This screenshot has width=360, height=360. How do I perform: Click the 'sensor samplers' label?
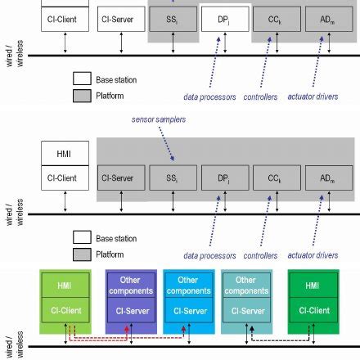pos(148,119)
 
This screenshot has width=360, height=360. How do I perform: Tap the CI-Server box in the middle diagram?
pos(121,176)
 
